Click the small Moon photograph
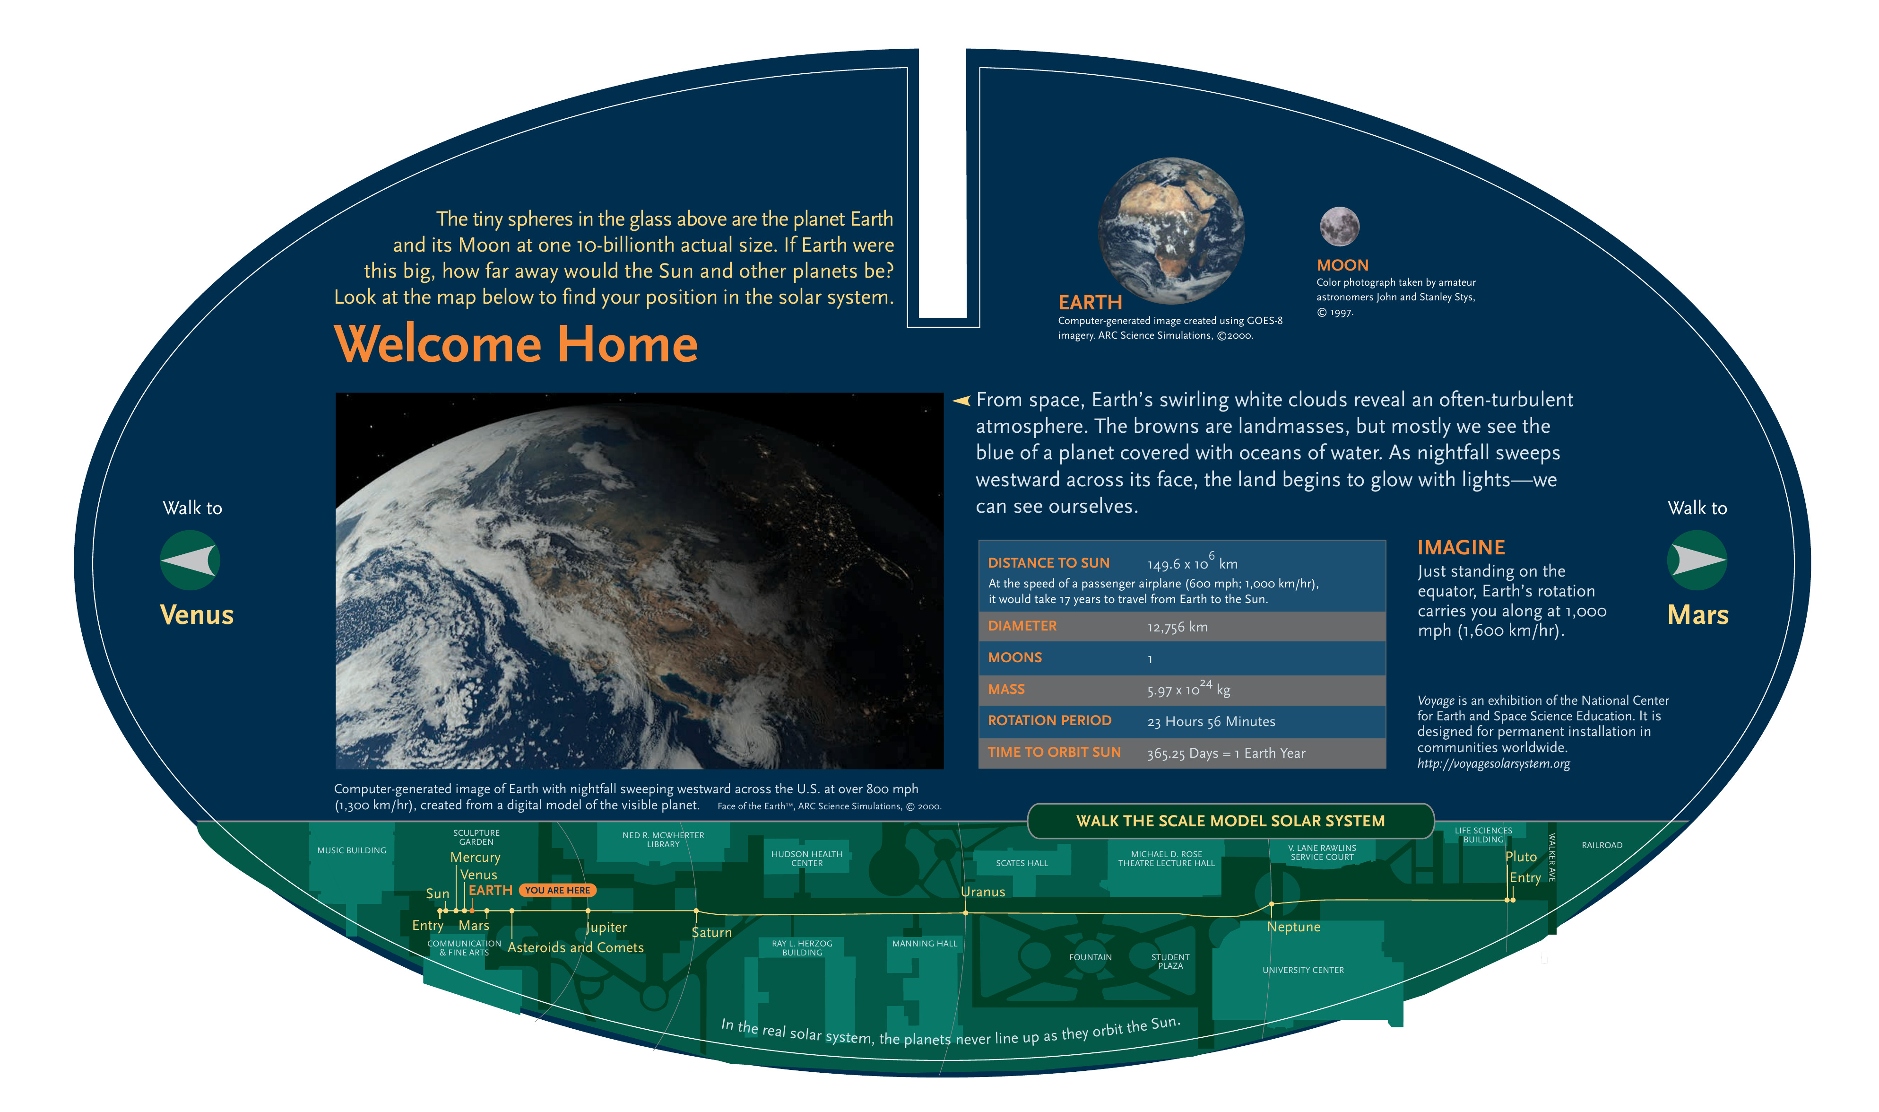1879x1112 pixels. pos(1339,226)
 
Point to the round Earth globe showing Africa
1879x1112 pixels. pos(1171,230)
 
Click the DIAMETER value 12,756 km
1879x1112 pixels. pos(1178,627)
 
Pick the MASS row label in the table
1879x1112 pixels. pos(1006,689)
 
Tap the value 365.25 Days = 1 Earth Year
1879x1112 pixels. pos(1226,753)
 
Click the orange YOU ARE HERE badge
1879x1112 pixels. pos(557,890)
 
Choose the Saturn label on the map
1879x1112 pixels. pos(711,933)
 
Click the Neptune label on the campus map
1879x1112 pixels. pos(1293,927)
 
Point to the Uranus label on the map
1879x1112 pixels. pos(983,892)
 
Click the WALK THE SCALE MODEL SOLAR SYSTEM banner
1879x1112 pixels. pos(1230,821)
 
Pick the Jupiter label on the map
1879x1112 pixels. pos(606,928)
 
